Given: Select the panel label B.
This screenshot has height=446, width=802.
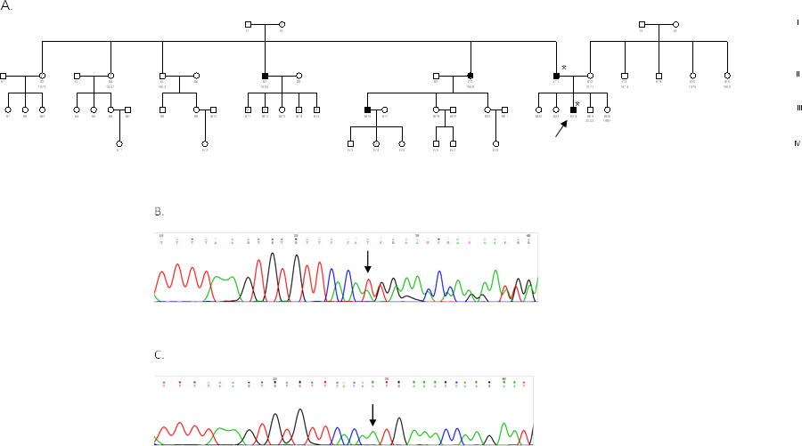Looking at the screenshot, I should tap(160, 212).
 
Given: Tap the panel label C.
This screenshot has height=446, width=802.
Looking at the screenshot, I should tap(160, 355).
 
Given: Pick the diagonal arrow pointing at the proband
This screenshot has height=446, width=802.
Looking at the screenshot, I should tap(561, 129).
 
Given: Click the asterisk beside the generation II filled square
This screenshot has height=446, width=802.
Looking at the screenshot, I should tap(564, 68).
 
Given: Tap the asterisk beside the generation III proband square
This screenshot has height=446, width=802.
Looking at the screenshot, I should tap(577, 104).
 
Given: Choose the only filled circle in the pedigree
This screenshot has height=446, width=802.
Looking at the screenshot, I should tap(471, 76).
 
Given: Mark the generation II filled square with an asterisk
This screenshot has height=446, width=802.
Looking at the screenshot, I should tap(556, 76).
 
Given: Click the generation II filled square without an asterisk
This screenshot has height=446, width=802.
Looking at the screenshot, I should tap(265, 76).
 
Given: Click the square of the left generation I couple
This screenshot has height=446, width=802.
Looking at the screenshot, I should tap(248, 23).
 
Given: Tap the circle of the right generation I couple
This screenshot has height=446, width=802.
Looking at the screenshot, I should tap(675, 23).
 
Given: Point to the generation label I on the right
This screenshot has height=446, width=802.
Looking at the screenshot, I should tap(798, 21).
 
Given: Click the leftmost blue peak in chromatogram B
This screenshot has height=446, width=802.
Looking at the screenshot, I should tap(331, 283).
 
